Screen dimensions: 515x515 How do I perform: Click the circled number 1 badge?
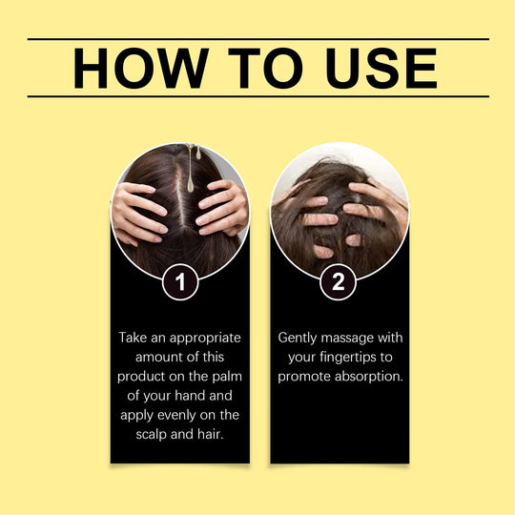coord(180,281)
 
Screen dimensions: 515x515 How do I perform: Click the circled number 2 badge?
coord(340,281)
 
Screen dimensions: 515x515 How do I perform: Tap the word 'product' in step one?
coord(142,376)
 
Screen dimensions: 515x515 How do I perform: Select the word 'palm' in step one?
coord(226,376)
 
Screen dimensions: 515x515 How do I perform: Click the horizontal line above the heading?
coord(257,39)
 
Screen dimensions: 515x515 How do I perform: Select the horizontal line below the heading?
coord(257,96)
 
